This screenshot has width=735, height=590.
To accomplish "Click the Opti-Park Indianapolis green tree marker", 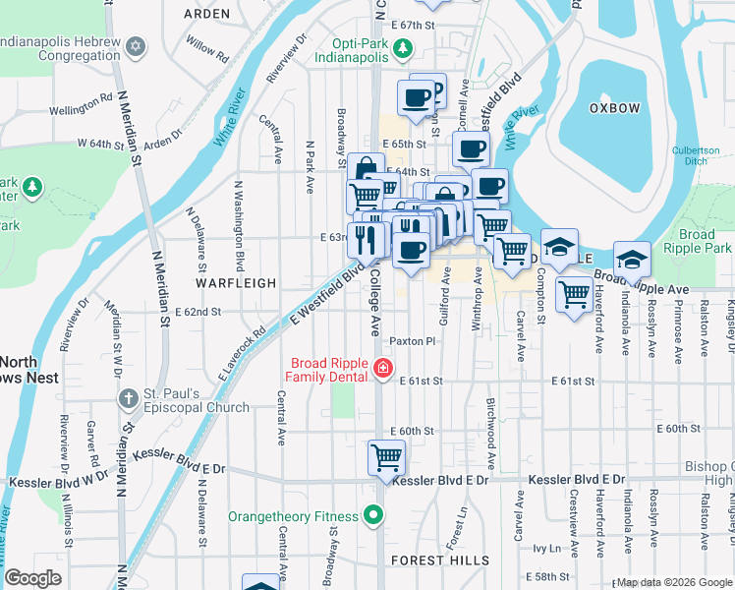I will coord(402,48).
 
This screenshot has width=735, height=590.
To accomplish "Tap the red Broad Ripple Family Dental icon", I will coord(383,370).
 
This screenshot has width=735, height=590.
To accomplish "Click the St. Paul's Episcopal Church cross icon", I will coord(128,399).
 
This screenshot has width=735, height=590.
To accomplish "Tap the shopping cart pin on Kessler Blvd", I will coord(386,456).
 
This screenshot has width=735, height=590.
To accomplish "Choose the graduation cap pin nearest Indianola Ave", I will coord(632,259).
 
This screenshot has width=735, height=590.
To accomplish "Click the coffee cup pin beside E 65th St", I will coord(471,148).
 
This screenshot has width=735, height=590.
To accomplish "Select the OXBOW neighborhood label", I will coord(614,107).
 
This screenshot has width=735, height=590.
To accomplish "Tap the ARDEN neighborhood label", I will coord(206,14).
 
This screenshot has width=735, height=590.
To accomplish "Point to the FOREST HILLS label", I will coord(439,560).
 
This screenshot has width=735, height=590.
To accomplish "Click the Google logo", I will coord(32,578).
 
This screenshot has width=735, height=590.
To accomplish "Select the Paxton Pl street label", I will coord(412,341).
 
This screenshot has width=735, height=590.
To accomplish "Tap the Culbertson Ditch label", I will coord(696,155).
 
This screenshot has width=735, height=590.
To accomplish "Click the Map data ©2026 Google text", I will coord(674,582).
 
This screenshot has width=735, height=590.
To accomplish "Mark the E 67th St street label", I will coord(412,25).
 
